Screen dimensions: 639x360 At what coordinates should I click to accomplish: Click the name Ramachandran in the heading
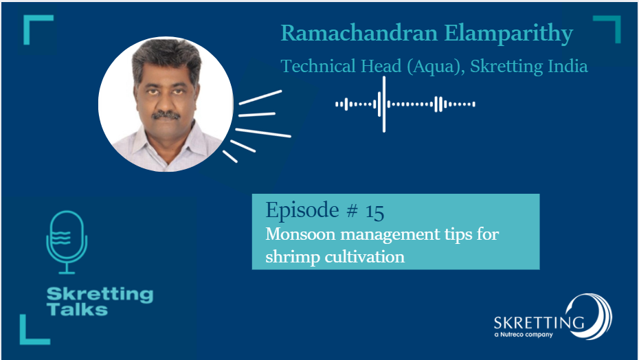point(359,33)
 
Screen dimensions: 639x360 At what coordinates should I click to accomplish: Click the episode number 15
point(374,212)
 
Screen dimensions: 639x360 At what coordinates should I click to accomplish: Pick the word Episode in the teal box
point(302,211)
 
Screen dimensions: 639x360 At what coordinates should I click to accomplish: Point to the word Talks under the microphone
point(77,309)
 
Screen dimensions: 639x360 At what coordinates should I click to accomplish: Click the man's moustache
point(166,115)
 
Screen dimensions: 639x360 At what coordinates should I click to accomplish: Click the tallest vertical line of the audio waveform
point(384,104)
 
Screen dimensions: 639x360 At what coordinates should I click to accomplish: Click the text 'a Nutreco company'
point(524,335)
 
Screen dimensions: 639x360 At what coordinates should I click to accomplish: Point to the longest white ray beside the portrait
point(263,133)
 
